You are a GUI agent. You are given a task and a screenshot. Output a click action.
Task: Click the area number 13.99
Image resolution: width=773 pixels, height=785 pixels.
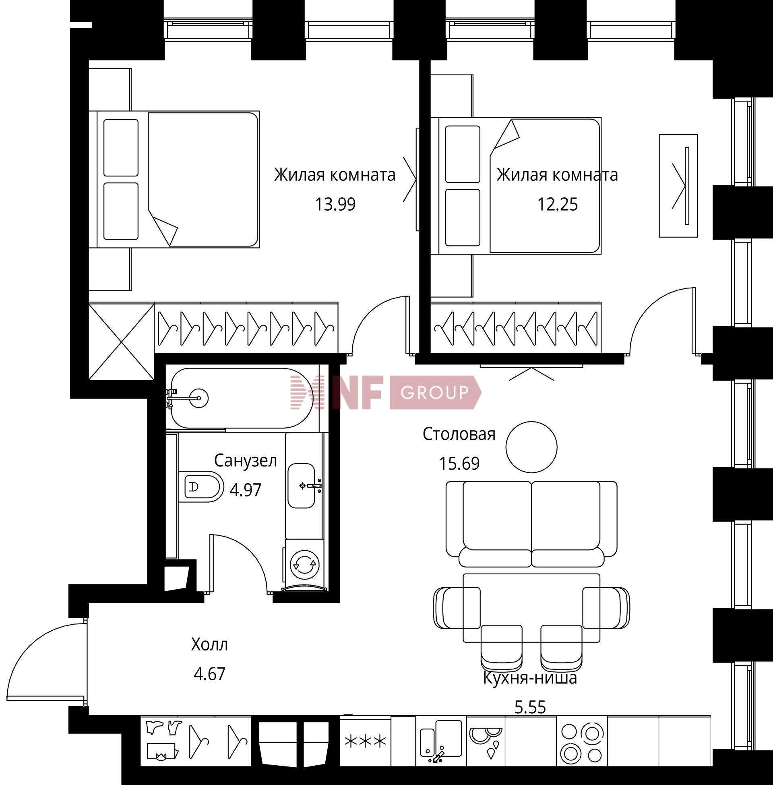[335, 204]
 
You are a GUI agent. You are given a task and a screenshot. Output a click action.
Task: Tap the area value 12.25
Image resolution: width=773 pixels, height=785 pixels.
[558, 204]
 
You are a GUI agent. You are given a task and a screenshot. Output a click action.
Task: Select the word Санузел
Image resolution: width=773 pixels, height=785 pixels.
[246, 460]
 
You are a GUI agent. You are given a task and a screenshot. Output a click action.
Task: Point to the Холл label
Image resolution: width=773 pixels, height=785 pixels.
[209, 644]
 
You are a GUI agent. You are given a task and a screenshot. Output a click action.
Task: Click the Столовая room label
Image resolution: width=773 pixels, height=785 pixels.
[459, 434]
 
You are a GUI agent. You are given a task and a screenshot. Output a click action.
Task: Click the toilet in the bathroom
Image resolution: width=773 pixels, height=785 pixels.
[200, 487]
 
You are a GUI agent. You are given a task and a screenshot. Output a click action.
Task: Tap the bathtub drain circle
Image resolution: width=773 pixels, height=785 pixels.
[199, 398]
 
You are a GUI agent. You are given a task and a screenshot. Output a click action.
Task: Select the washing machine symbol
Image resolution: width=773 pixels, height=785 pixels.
[305, 563]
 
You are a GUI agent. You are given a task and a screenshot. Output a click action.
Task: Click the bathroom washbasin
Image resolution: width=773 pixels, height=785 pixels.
[302, 485]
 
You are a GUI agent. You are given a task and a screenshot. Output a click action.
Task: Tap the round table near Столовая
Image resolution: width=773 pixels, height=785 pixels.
[531, 447]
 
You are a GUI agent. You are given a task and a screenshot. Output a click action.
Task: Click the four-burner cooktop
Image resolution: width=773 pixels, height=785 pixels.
[581, 743]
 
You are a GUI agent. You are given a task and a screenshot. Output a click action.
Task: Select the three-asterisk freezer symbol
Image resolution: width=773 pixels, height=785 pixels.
[365, 742]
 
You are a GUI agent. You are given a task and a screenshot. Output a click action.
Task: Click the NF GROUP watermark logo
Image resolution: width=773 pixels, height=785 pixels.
[386, 392]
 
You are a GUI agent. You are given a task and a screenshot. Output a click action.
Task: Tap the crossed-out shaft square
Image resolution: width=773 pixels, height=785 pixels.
[122, 342]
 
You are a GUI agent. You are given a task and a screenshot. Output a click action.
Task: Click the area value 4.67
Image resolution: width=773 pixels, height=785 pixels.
[209, 674]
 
